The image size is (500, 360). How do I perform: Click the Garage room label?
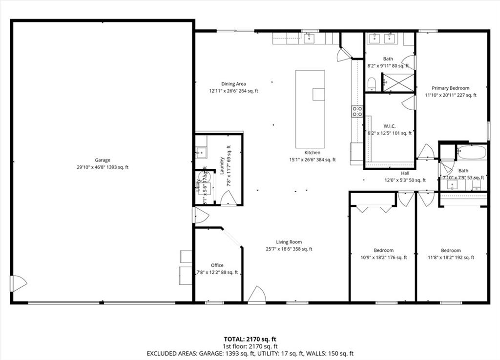103,160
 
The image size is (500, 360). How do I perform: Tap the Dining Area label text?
233,84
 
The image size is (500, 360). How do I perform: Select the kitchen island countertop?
310,109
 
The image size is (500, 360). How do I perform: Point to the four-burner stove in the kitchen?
357,111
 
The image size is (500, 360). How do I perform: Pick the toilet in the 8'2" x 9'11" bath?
372,84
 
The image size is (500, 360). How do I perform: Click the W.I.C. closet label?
389,126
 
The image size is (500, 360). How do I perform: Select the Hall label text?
405,173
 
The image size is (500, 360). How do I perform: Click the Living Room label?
289,242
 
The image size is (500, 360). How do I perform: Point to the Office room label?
217,265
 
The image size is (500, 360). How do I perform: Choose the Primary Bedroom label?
450,88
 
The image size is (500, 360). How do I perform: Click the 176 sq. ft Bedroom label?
383,251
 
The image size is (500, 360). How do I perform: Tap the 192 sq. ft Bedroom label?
451,251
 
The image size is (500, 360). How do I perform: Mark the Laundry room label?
222,166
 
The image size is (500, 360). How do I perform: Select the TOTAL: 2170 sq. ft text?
250,339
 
